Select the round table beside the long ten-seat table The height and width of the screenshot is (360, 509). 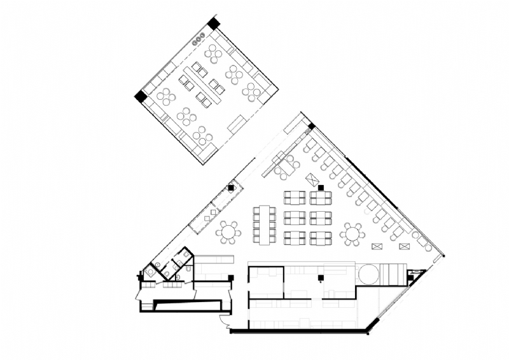228,232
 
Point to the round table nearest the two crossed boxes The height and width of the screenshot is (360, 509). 352,233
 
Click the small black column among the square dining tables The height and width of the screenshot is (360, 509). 321,187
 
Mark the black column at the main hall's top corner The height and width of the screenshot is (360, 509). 312,126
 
